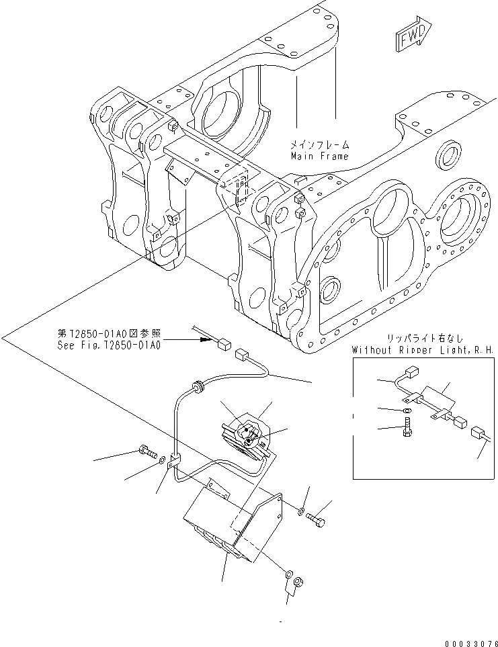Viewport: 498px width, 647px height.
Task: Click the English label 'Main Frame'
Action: click(319, 156)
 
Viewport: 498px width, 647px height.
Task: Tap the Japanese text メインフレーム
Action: click(320, 144)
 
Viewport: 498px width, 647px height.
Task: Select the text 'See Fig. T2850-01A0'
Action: click(109, 346)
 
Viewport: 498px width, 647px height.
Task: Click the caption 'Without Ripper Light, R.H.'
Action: click(422, 350)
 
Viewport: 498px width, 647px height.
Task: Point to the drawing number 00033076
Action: click(466, 641)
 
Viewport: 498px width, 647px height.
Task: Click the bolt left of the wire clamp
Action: click(146, 451)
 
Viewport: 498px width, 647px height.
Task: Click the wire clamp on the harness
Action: click(175, 462)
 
